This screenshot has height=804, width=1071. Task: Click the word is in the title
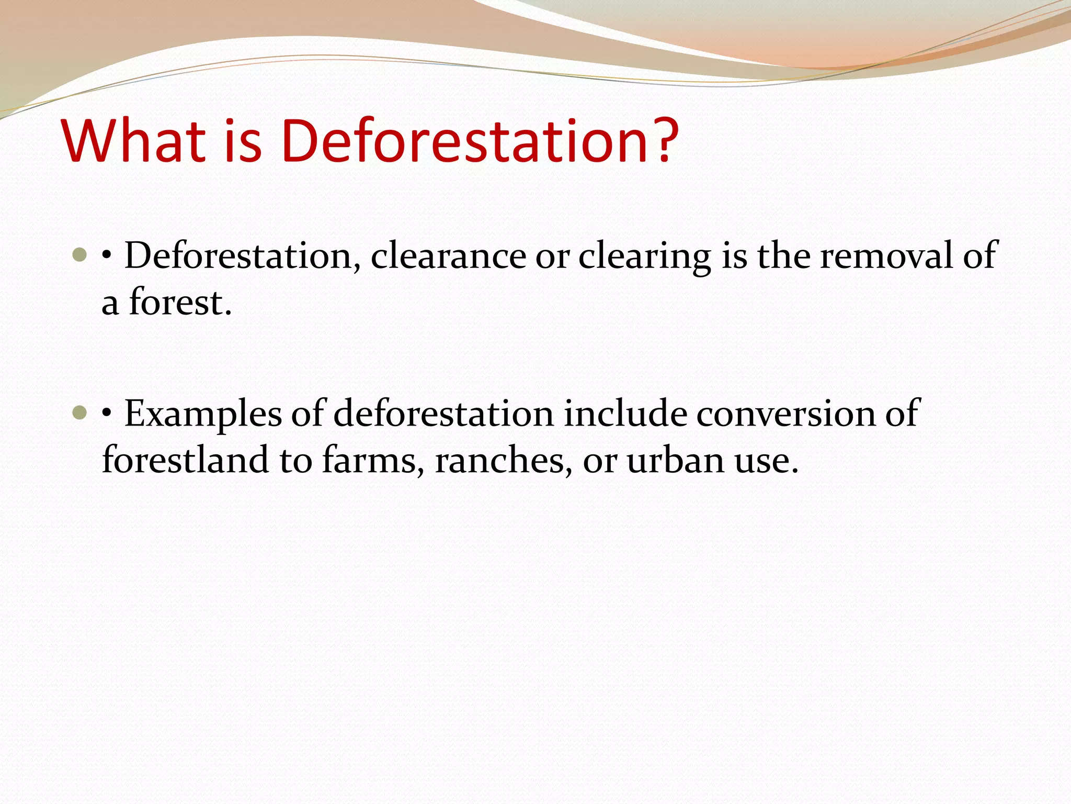pos(243,141)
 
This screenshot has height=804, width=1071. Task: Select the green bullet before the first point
pos(79,255)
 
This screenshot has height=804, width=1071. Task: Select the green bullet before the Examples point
pos(79,414)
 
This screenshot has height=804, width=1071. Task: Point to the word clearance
pos(449,256)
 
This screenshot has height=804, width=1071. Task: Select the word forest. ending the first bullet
pos(180,303)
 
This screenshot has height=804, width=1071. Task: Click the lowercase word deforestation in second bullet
pos(443,414)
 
